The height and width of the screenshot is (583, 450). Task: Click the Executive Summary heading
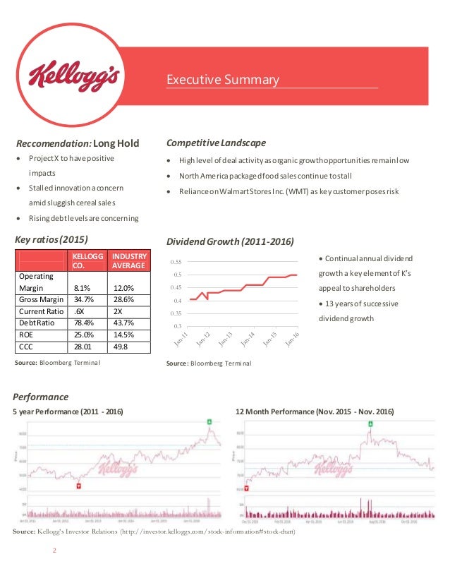tap(222, 80)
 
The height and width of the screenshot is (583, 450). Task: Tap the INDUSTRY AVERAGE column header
tap(129, 260)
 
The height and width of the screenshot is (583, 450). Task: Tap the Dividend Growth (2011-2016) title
tap(229, 242)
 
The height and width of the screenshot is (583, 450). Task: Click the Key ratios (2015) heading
tap(51, 239)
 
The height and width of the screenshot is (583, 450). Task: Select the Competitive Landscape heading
tap(215, 143)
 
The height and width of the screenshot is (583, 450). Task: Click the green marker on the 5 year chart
tap(209, 421)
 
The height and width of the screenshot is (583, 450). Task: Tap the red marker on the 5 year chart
tap(78, 486)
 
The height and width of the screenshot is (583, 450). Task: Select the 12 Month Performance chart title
tap(314, 411)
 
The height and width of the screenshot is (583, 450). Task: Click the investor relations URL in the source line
tap(208, 531)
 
